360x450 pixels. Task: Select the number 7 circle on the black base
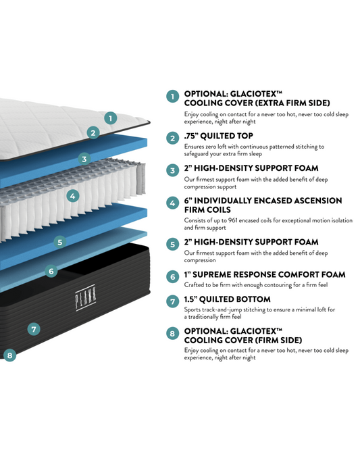[x=34, y=329]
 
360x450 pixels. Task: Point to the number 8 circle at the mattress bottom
[x=9, y=355]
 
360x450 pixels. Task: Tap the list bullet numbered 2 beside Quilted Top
[x=173, y=139]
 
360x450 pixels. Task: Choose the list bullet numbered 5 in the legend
[x=173, y=245]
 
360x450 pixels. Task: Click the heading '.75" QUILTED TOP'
[x=218, y=136]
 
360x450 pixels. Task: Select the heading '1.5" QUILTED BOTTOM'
[x=227, y=299]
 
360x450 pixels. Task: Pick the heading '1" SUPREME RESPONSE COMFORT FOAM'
[x=265, y=275]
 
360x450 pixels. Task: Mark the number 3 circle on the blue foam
[x=84, y=159]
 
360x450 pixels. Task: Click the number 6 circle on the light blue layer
[x=51, y=271]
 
